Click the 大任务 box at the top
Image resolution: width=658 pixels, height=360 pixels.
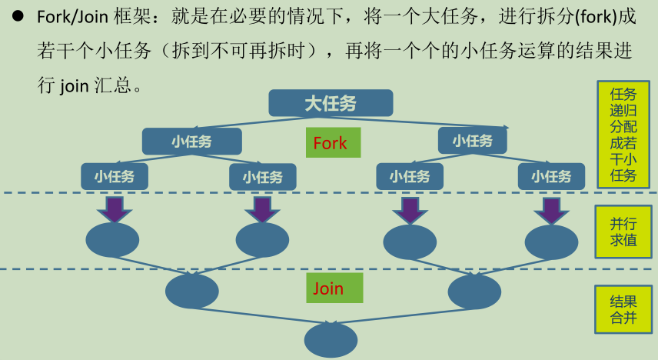point(331,103)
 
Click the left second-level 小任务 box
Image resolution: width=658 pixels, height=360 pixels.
point(192,142)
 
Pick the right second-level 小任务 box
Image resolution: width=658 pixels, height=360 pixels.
point(472,141)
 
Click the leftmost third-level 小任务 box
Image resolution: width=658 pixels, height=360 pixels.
point(115,176)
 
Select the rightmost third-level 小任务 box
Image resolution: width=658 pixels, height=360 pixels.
point(551,176)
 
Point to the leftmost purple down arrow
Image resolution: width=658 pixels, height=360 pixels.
point(115,208)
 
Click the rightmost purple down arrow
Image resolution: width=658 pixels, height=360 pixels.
point(551,208)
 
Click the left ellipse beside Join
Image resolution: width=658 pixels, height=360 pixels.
point(192,291)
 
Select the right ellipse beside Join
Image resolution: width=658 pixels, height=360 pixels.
point(474,291)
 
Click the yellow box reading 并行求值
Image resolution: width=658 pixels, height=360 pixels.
point(623,232)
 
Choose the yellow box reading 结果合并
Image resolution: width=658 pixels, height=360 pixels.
point(623,308)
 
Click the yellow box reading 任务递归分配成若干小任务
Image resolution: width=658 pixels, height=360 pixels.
point(623,134)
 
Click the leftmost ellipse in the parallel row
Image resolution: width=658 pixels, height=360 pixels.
point(112,240)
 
